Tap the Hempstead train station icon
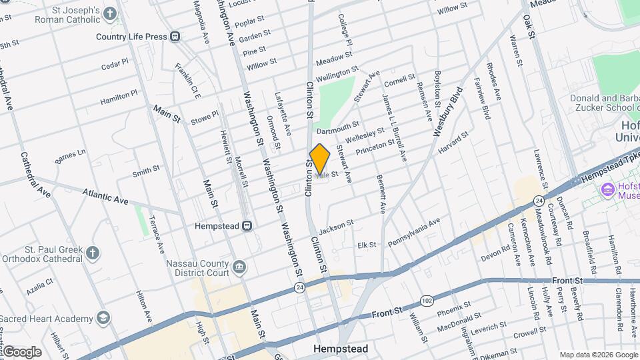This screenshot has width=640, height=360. point(247,226)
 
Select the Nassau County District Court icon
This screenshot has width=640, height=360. point(240,267)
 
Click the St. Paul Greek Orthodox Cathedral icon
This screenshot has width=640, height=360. point(93,253)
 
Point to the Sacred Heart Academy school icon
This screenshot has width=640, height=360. point(103,318)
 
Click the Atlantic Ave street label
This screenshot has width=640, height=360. point(105,195)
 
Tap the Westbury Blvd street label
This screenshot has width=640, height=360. point(447,112)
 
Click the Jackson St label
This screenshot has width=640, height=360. point(335,227)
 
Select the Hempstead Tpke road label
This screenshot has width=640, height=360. point(611,165)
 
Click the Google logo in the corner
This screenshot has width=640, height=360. point(22,352)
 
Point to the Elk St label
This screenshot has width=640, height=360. point(367,245)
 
